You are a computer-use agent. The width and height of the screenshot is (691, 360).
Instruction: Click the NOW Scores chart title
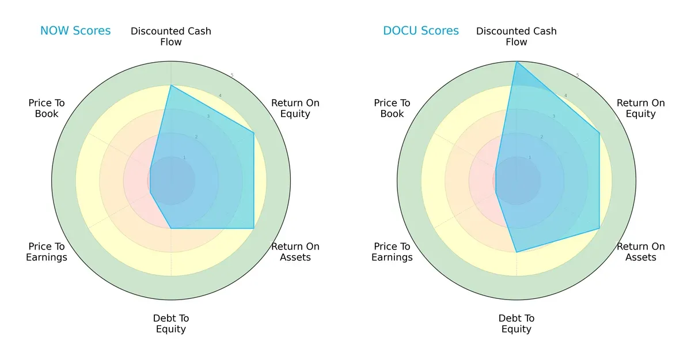pos(75,31)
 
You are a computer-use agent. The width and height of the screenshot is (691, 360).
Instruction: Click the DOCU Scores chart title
pos(421,31)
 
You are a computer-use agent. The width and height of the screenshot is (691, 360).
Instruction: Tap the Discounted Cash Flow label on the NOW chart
pos(171,36)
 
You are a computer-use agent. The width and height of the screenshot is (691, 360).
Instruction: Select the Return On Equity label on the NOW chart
pos(295,108)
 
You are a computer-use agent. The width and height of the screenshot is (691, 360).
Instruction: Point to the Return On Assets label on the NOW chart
pos(295,252)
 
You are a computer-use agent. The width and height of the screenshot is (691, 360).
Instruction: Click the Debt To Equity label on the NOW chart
pos(171,324)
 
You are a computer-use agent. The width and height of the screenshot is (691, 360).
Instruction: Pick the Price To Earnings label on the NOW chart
pos(47,252)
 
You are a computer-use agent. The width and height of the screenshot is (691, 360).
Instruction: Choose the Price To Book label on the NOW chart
pos(47,108)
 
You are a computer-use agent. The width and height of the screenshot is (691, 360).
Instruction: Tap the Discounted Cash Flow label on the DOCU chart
pos(517,36)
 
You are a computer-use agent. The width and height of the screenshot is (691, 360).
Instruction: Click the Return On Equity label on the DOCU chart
pos(641,108)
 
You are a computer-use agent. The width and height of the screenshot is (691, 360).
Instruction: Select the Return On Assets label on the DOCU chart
pos(641,252)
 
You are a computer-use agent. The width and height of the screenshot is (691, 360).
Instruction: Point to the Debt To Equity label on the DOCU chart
pos(517,324)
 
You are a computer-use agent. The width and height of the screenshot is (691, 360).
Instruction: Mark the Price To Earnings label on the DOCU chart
pos(392,252)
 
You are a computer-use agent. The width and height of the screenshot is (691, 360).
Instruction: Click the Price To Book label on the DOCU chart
pos(392,108)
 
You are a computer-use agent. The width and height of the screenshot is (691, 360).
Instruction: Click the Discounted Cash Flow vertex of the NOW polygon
pos(171,85)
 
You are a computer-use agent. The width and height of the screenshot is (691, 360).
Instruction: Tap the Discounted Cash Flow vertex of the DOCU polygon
pos(517,62)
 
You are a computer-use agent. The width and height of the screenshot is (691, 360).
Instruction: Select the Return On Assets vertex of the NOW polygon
pos(254,228)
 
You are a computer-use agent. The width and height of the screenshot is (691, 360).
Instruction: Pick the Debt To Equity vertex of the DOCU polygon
pos(517,252)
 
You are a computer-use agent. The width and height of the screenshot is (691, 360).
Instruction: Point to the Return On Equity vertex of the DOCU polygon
pos(599,133)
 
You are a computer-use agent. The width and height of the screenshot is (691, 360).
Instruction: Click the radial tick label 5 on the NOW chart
pos(232,75)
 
